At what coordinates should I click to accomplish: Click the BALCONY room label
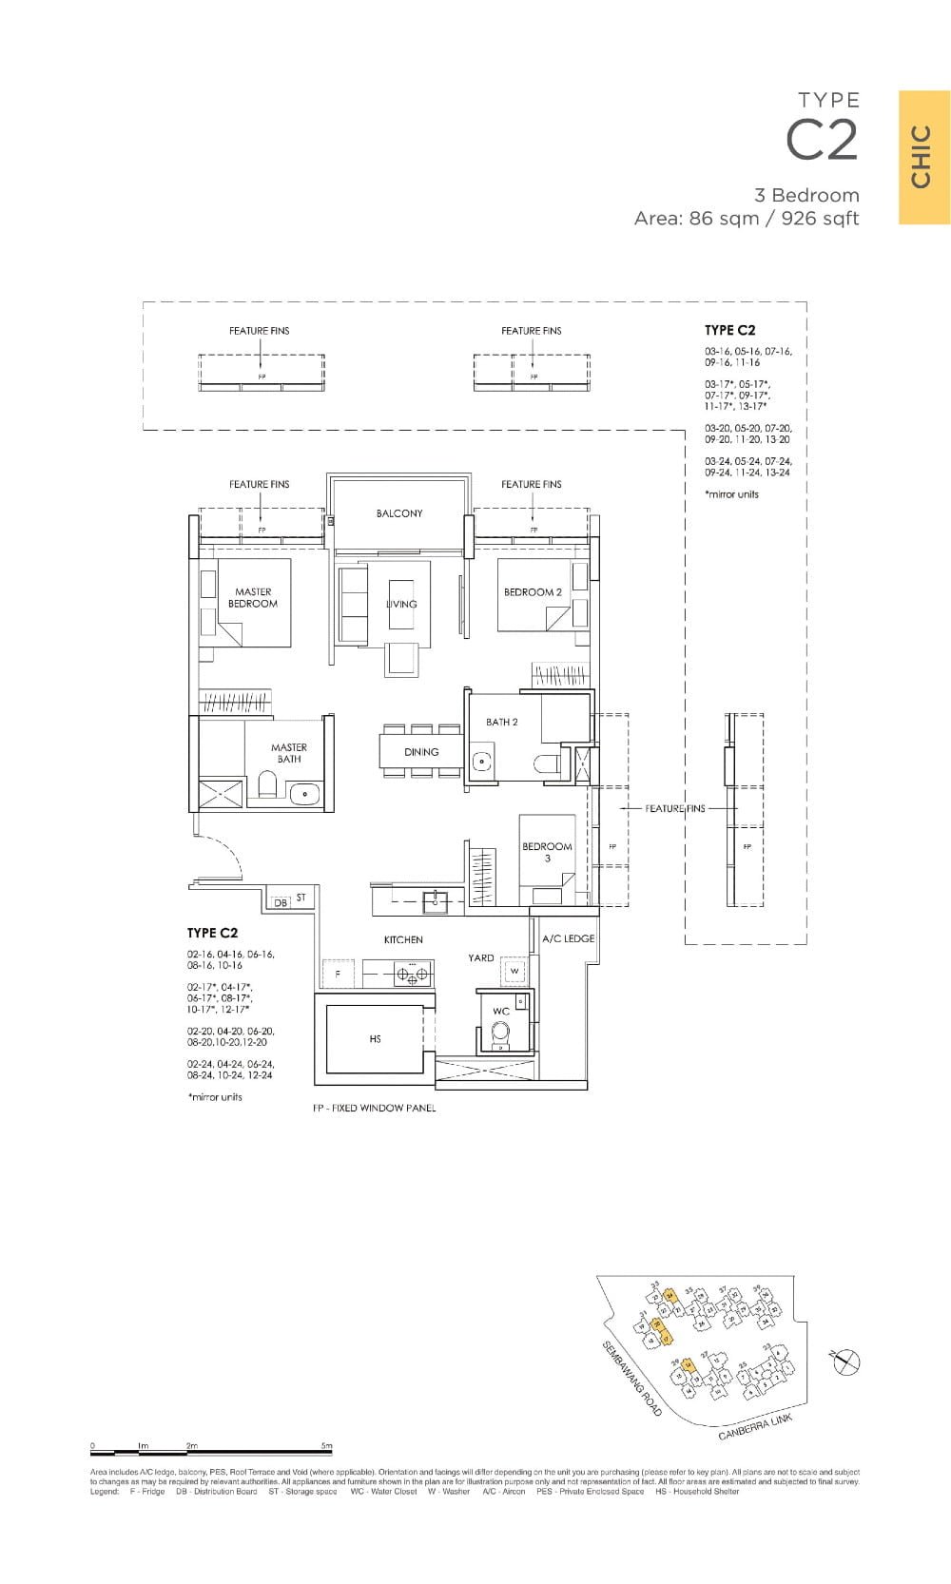coord(398,513)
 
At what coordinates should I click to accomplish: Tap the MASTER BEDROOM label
coord(253,597)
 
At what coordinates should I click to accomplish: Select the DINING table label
coord(421,751)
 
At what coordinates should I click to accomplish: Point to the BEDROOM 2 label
coord(533,591)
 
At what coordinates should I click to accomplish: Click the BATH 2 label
coord(501,722)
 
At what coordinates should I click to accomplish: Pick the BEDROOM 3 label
coord(547,852)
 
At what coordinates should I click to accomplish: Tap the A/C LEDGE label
coord(568,938)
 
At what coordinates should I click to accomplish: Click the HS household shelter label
coord(375,1039)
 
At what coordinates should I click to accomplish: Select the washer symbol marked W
coord(514,971)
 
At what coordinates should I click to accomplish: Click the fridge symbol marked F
coord(337,974)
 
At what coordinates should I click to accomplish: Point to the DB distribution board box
coord(281,902)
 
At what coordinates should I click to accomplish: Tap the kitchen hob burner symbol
coord(412,973)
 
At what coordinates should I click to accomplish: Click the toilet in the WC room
coord(500,1033)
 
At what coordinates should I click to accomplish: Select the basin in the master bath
coord(305,793)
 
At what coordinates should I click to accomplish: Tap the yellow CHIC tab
coord(923,157)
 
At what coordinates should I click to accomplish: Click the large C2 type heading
coord(822,141)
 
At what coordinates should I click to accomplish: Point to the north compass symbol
coord(845,1362)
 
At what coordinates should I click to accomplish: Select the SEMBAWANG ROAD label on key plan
coord(631,1380)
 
